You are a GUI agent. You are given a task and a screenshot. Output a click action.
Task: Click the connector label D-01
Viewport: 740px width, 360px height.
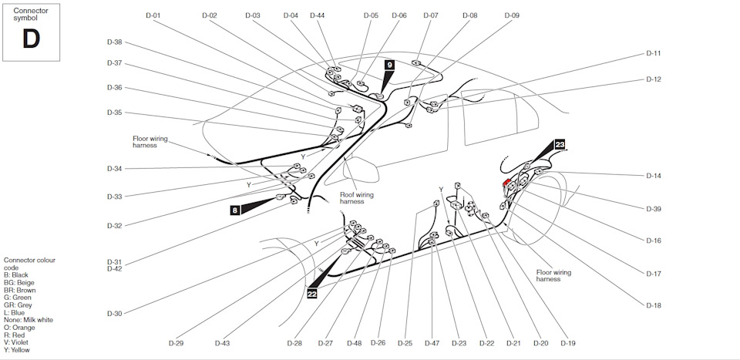(x=153, y=15)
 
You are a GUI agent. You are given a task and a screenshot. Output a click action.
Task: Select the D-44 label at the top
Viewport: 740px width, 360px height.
(x=317, y=15)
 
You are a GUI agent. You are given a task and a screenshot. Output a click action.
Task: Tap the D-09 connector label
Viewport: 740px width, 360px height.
(x=512, y=15)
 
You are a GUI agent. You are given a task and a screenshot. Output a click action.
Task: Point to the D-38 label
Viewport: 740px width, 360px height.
(x=114, y=42)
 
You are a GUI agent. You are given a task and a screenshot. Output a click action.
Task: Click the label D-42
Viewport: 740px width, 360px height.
(x=114, y=268)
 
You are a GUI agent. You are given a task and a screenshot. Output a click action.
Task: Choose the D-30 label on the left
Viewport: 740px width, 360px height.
(x=114, y=313)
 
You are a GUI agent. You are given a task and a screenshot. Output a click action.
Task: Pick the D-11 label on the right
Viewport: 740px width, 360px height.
(x=654, y=54)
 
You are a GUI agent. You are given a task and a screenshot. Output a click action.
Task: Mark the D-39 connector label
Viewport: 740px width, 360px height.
(x=654, y=209)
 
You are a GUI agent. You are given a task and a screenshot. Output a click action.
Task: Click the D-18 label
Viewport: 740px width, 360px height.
(x=654, y=306)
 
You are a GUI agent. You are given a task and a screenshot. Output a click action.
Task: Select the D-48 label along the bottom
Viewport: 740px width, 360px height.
(x=355, y=343)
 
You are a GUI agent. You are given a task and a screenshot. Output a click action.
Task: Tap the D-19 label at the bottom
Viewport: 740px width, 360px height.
(x=568, y=343)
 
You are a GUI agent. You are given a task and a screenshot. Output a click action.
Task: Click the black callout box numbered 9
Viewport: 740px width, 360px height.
(x=390, y=65)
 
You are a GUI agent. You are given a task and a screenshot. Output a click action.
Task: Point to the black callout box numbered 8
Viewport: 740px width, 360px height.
(x=235, y=209)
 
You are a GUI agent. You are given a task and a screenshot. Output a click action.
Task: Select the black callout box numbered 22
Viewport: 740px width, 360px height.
(x=311, y=292)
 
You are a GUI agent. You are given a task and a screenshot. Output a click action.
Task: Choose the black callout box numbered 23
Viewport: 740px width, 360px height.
(x=560, y=144)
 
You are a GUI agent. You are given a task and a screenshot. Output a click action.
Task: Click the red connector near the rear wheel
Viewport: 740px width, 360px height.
(x=506, y=183)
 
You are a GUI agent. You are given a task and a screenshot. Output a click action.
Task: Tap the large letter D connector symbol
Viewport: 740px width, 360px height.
(x=31, y=39)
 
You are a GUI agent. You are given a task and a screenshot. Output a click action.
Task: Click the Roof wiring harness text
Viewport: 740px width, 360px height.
(x=357, y=198)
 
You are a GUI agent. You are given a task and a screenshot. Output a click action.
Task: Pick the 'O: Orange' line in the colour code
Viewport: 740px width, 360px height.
(x=21, y=327)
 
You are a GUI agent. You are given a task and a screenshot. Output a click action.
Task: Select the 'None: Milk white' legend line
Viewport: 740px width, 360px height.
(x=29, y=320)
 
